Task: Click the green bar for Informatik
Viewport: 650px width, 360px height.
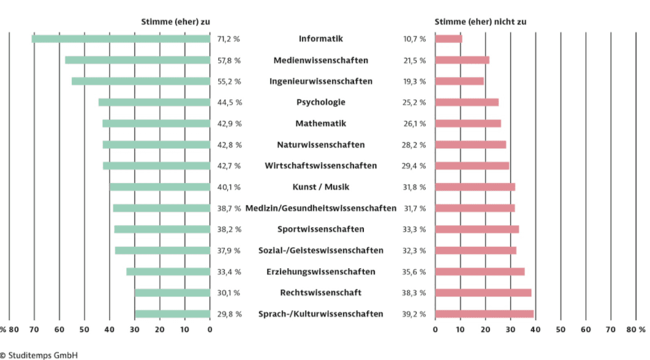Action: [121, 39]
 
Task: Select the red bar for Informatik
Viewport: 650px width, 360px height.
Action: [448, 39]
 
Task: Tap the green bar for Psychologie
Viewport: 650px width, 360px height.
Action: [154, 102]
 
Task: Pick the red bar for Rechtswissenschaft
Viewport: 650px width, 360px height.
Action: [483, 293]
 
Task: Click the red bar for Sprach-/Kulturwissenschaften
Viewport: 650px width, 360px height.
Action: [484, 314]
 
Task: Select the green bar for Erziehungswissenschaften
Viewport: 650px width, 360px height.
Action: [168, 272]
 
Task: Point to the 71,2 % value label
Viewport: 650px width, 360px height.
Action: [229, 39]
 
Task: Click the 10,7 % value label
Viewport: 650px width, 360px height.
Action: [415, 39]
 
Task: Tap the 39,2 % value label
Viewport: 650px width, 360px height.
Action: [415, 314]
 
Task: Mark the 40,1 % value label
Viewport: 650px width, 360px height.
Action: [229, 187]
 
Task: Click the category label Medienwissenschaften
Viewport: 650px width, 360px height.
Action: [320, 61]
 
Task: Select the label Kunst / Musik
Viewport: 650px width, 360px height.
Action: [320, 187]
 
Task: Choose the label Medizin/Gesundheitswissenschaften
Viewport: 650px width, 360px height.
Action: [320, 208]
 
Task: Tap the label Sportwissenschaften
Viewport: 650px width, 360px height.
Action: [320, 230]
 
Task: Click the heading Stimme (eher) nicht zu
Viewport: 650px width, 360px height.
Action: [480, 21]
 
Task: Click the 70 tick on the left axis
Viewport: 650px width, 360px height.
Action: [34, 329]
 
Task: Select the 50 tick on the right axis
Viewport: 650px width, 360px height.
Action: [561, 329]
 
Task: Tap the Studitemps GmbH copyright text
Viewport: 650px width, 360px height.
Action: [39, 354]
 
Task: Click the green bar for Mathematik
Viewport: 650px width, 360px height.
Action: [156, 124]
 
